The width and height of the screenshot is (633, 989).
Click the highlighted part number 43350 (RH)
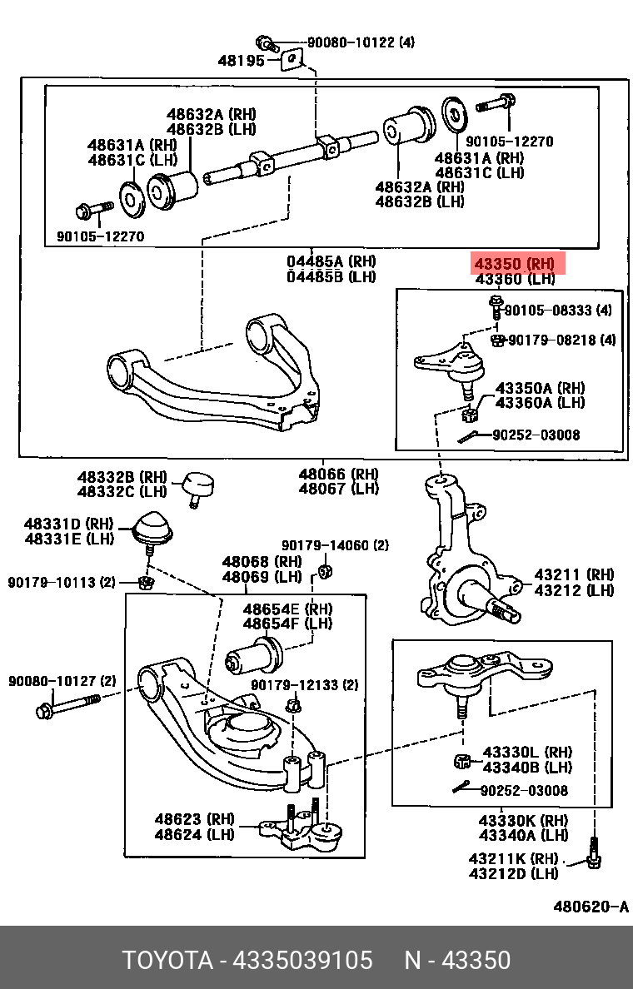pyautogui.click(x=518, y=264)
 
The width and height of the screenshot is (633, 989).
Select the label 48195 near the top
pyautogui.click(x=241, y=60)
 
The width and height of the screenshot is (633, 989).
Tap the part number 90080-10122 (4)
pyautogui.click(x=360, y=42)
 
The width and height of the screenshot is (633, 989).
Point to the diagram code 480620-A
pyautogui.click(x=591, y=907)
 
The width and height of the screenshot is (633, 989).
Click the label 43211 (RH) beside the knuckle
pyautogui.click(x=573, y=574)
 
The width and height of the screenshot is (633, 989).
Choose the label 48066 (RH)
pyautogui.click(x=338, y=474)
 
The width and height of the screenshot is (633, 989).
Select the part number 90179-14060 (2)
pyautogui.click(x=335, y=545)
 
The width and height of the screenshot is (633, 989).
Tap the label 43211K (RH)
pyautogui.click(x=512, y=858)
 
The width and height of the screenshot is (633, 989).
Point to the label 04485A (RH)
pyautogui.click(x=331, y=261)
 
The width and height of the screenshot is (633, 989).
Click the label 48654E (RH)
pyautogui.click(x=287, y=609)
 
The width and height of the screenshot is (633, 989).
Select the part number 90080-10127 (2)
pyautogui.click(x=62, y=681)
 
